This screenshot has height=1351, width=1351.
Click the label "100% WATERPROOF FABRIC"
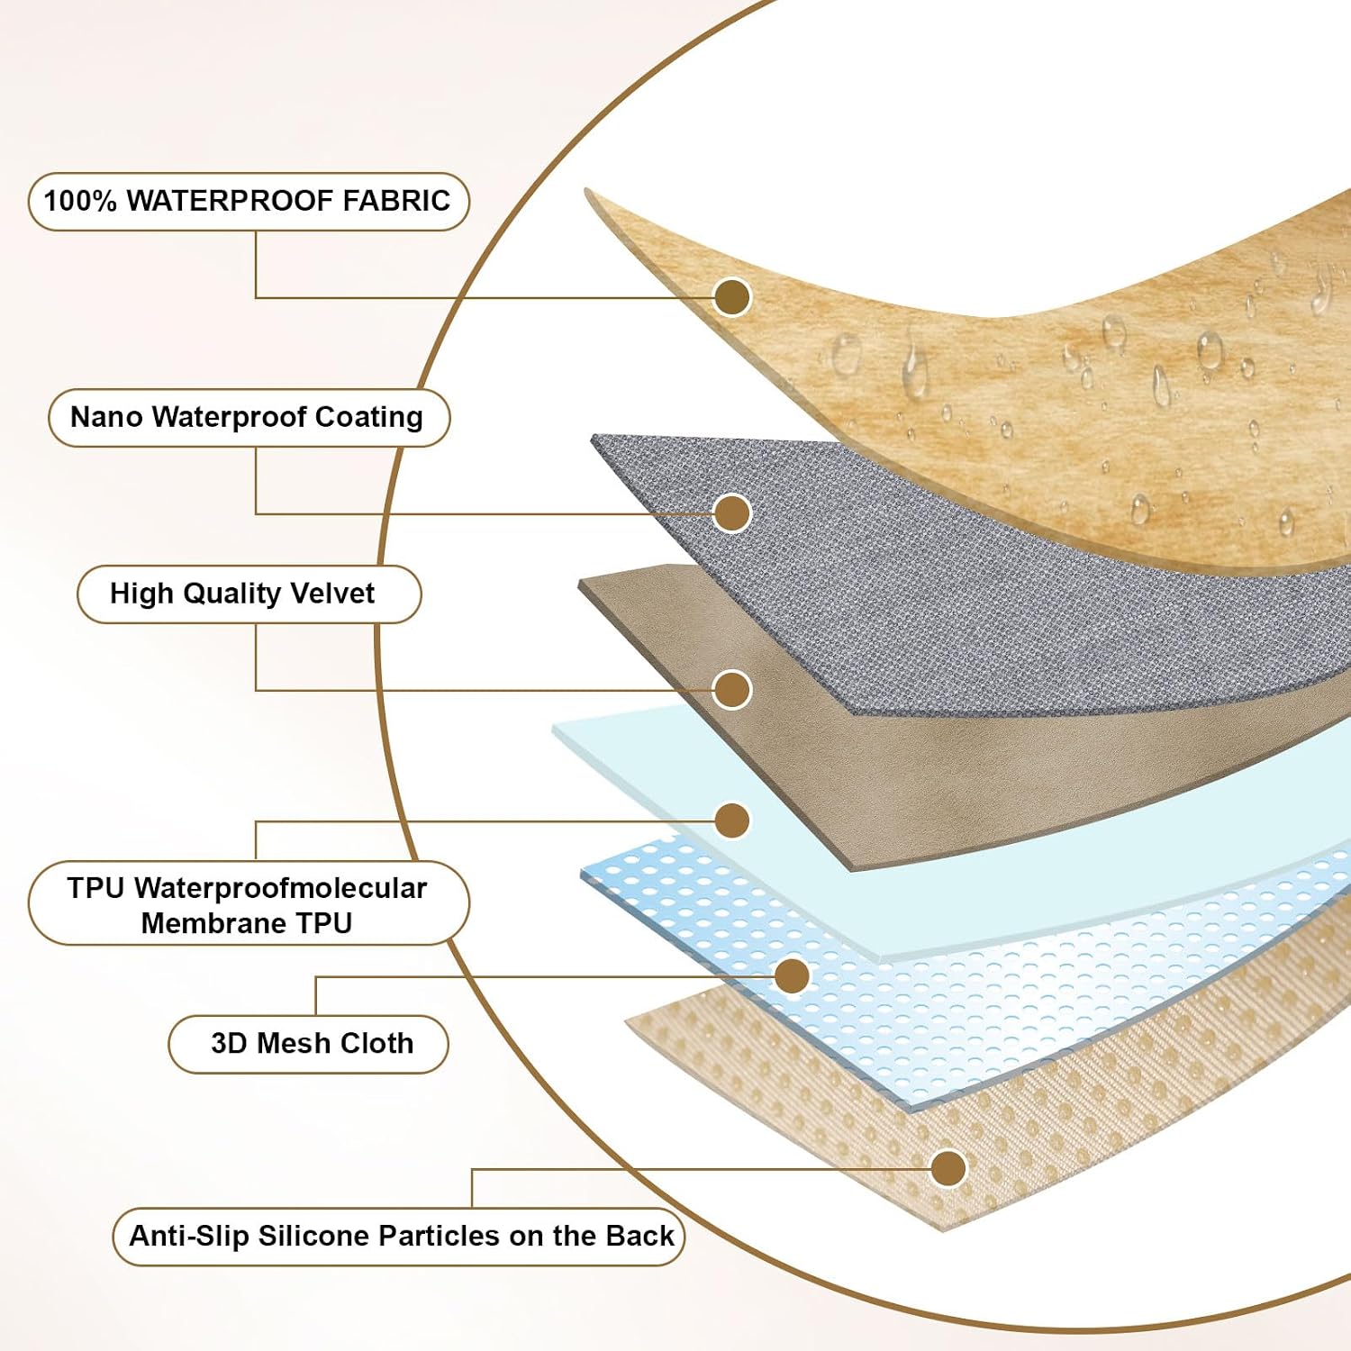point(249,201)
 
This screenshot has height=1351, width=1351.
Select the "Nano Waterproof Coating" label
point(249,417)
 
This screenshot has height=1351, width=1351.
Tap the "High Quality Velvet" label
point(249,594)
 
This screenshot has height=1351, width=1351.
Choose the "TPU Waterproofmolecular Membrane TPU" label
point(249,903)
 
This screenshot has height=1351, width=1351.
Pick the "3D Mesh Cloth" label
point(308,1044)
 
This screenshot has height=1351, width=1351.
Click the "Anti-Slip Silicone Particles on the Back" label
point(398,1237)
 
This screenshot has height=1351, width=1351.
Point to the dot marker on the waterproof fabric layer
point(732,297)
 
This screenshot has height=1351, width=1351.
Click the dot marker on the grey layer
point(732,512)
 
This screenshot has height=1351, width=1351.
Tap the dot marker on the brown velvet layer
point(732,690)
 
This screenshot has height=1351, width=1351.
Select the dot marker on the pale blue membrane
point(732,821)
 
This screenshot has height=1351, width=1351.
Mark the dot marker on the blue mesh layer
point(792,975)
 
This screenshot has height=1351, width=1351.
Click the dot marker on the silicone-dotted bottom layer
point(948,1168)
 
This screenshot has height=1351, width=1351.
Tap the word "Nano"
point(107,417)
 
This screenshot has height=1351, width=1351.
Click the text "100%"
point(80,201)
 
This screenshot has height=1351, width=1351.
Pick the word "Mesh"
point(293,1044)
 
